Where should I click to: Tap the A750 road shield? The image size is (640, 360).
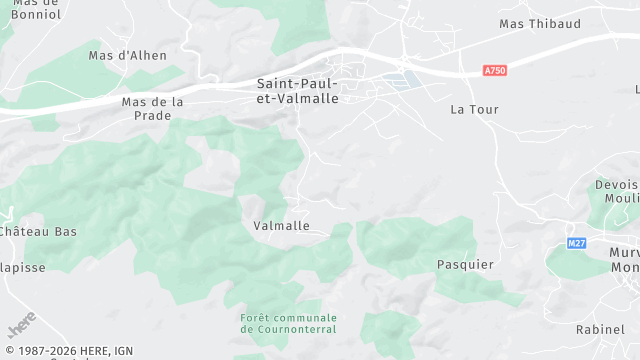point(494,71)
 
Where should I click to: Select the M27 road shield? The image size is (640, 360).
point(576,243)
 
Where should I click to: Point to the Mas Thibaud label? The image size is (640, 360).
point(539,23)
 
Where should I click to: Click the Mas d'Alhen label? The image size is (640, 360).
point(128,56)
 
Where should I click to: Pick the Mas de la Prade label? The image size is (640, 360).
point(152,108)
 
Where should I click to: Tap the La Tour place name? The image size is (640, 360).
point(474,108)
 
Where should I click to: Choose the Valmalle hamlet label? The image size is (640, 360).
point(281,226)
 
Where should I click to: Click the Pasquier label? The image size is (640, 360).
point(465,264)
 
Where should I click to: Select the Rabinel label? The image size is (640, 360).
point(600,329)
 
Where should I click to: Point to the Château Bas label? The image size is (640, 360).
point(38,232)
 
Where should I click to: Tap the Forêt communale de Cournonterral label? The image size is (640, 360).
point(288,324)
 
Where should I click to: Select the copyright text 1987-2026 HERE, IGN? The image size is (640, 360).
point(67,350)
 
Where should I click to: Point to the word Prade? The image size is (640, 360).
point(152,115)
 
